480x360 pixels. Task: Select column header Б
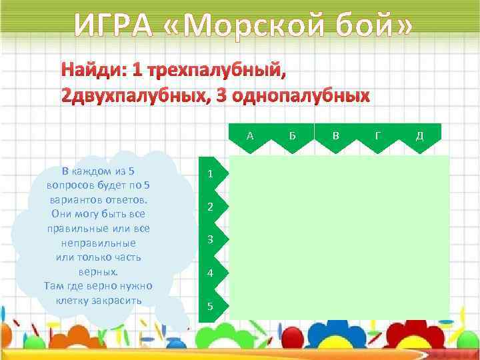pyautogui.click(x=292, y=135)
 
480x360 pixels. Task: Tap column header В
pyautogui.click(x=335, y=135)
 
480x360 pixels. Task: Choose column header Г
pyautogui.click(x=378, y=135)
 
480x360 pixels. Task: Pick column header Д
pyautogui.click(x=419, y=135)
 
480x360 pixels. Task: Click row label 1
pyautogui.click(x=210, y=174)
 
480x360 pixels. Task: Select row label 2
pyautogui.click(x=210, y=207)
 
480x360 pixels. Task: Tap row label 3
pyautogui.click(x=210, y=239)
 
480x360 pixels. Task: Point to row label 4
pyautogui.click(x=210, y=273)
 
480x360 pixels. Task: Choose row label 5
pyautogui.click(x=210, y=306)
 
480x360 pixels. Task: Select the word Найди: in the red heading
pyautogui.click(x=93, y=69)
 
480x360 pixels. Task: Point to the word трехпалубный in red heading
pyautogui.click(x=220, y=69)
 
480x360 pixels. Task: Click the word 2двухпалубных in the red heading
pyautogui.click(x=131, y=95)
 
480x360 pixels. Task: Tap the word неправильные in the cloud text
pyautogui.click(x=99, y=243)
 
